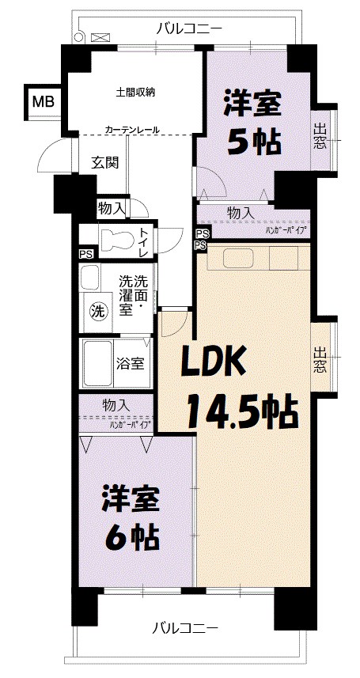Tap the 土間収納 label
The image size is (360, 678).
(x=135, y=92)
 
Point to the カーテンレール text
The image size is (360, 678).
(x=132, y=130)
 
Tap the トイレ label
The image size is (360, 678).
(x=143, y=242)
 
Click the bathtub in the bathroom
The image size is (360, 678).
(x=97, y=363)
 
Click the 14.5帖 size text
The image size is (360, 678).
(x=241, y=411)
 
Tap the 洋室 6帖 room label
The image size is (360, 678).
(x=131, y=518)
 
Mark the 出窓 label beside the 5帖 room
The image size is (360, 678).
(x=320, y=138)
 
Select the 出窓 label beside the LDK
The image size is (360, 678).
(x=320, y=360)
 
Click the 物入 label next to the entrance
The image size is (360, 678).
(x=112, y=208)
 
